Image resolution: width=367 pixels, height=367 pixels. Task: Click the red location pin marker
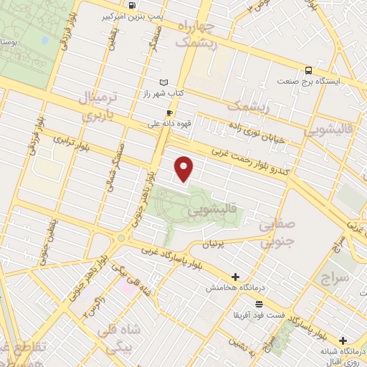[x=185, y=169]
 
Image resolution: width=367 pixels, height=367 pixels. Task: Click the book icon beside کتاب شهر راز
[x=165, y=82]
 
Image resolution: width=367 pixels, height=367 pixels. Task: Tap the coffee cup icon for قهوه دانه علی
[x=170, y=113]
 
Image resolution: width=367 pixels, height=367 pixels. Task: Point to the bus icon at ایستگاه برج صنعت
[x=308, y=70]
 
